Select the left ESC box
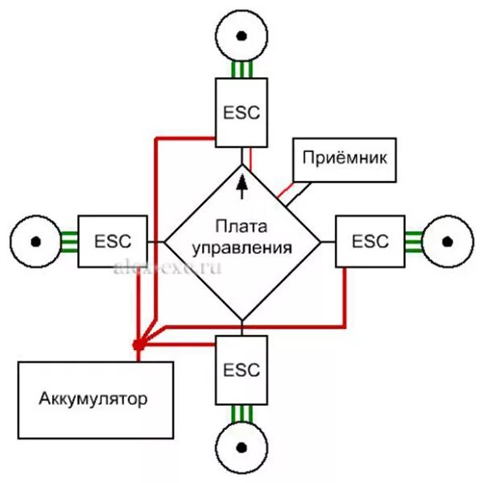(112, 241)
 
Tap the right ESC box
(369, 241)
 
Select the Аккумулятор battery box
(96, 398)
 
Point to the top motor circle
(241, 37)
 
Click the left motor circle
(35, 240)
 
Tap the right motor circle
(448, 240)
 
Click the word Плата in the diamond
(242, 228)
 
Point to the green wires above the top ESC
(242, 70)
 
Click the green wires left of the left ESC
(68, 241)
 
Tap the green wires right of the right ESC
(414, 241)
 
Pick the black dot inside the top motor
(241, 37)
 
